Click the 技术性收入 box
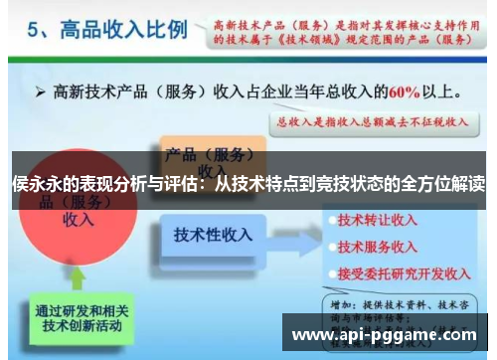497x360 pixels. point(213,236)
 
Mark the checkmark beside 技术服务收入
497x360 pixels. point(328,246)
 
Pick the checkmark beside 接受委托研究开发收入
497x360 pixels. point(328,270)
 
